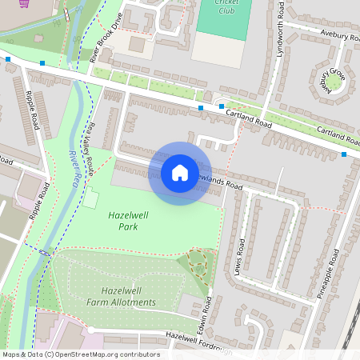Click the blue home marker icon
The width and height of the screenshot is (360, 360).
[179, 173]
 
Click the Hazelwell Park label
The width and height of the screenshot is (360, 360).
[123, 221]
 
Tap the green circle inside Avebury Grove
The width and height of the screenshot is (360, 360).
[332, 81]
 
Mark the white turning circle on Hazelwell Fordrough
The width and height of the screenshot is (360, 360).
[91, 330]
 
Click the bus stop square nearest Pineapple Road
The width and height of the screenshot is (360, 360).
[344, 154]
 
